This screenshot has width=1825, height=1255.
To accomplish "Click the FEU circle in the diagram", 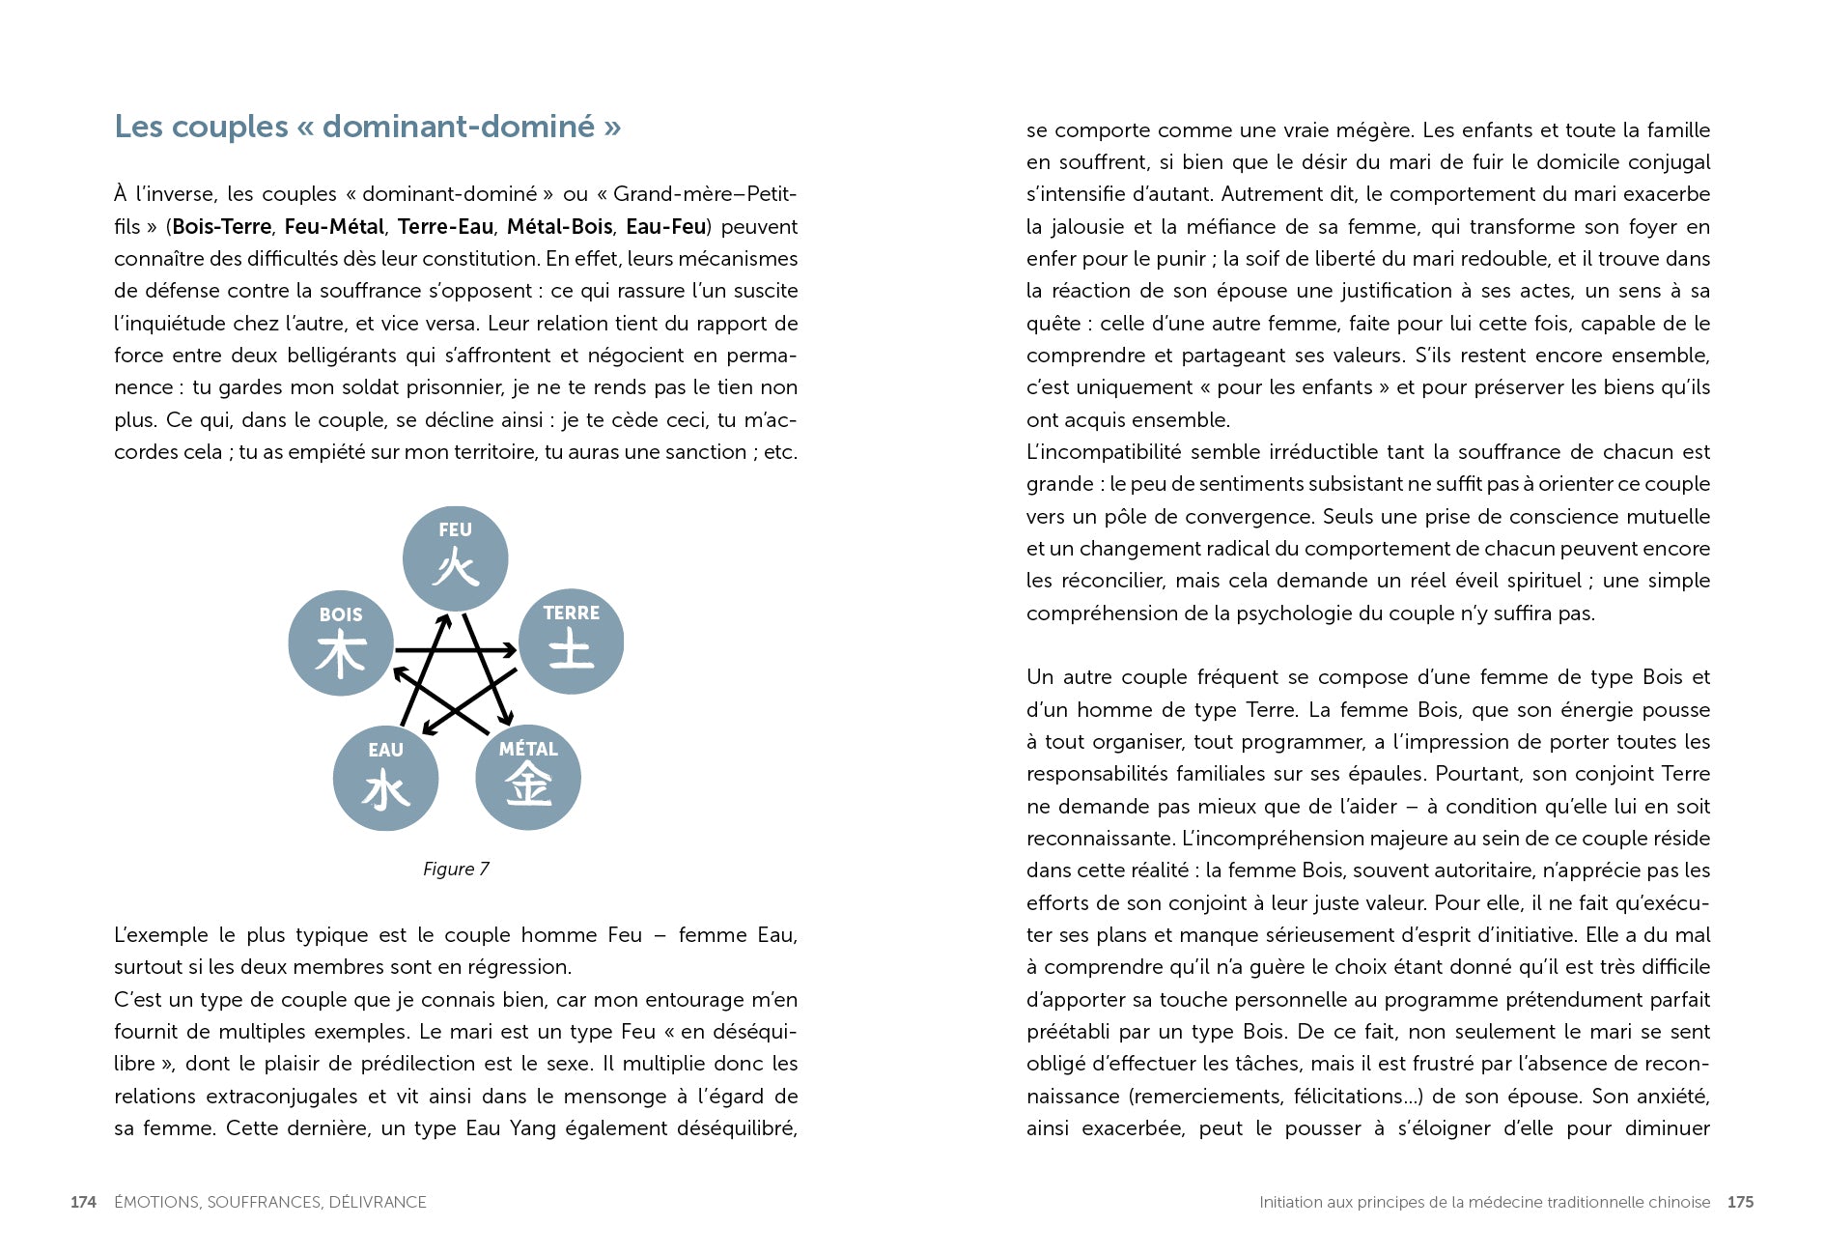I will (455, 558).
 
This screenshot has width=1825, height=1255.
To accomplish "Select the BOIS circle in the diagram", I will (341, 643).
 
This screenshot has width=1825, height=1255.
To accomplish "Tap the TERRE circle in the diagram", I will (571, 642).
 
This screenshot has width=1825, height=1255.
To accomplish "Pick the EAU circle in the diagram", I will (385, 779).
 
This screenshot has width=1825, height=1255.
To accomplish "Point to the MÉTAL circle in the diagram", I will (528, 778).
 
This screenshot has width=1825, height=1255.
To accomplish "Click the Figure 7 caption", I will (456, 869).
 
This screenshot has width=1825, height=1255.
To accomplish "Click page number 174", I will (83, 1202).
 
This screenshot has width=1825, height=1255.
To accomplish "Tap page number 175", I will (1740, 1202).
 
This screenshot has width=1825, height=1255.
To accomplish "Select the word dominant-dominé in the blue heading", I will (459, 127).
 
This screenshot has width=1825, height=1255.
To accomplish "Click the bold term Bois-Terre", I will (221, 227).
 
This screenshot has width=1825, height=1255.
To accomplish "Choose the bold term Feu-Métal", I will (335, 227).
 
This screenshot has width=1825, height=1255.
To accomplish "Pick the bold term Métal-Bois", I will (559, 227).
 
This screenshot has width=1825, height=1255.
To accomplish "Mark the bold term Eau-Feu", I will (665, 227).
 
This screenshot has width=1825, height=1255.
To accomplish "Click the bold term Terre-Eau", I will (445, 227).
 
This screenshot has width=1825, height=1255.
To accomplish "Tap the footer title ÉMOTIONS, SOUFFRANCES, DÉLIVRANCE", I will (270, 1202).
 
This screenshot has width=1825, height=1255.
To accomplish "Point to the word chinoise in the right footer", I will (1679, 1202).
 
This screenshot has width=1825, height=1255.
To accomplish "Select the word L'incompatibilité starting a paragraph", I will (1103, 452).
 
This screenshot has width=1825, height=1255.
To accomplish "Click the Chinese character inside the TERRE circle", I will (571, 649).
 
